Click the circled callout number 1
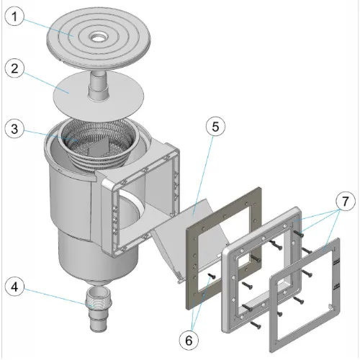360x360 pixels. click(x=14, y=17)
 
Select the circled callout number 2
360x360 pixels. click(x=14, y=68)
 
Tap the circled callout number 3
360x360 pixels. click(x=14, y=129)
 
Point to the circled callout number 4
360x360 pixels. click(x=14, y=287)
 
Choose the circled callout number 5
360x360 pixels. click(x=215, y=127)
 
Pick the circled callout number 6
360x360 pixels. click(x=189, y=341)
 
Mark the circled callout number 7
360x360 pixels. click(x=345, y=201)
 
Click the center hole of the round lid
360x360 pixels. click(x=99, y=38)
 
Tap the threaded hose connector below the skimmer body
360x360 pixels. click(x=99, y=309)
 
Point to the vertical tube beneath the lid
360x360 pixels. click(x=98, y=86)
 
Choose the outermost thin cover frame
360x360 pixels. click(x=305, y=294)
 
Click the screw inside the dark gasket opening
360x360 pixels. click(x=212, y=276)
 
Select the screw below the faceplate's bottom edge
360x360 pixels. click(x=256, y=325)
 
